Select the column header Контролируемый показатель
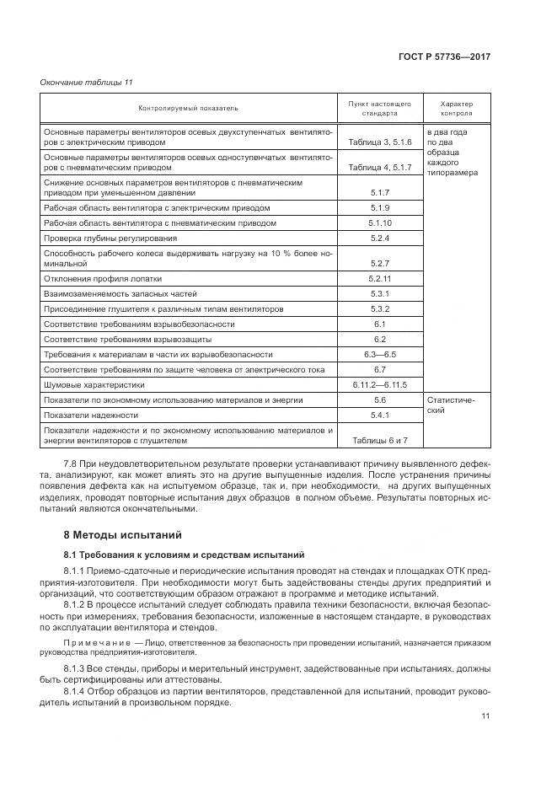pos(189,109)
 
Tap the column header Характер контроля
pos(457,109)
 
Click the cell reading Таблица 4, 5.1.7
pos(379,168)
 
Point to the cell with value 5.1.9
pos(379,207)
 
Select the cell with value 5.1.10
pos(379,223)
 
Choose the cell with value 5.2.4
pos(379,239)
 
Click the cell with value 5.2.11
pos(379,278)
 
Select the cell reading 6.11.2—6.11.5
pos(379,384)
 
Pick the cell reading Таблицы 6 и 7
pos(379,440)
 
